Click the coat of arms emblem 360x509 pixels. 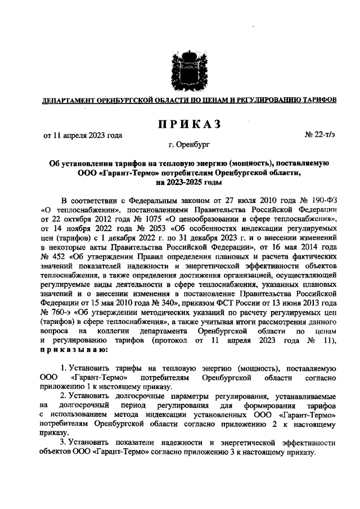179,71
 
